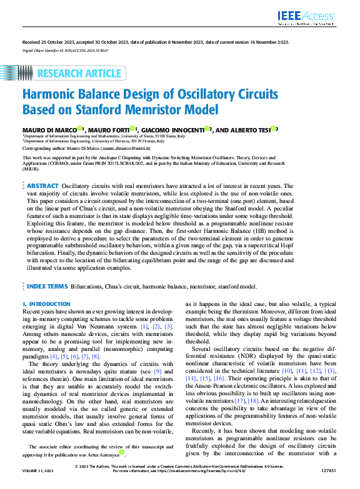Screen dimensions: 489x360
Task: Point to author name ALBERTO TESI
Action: coord(255,129)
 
